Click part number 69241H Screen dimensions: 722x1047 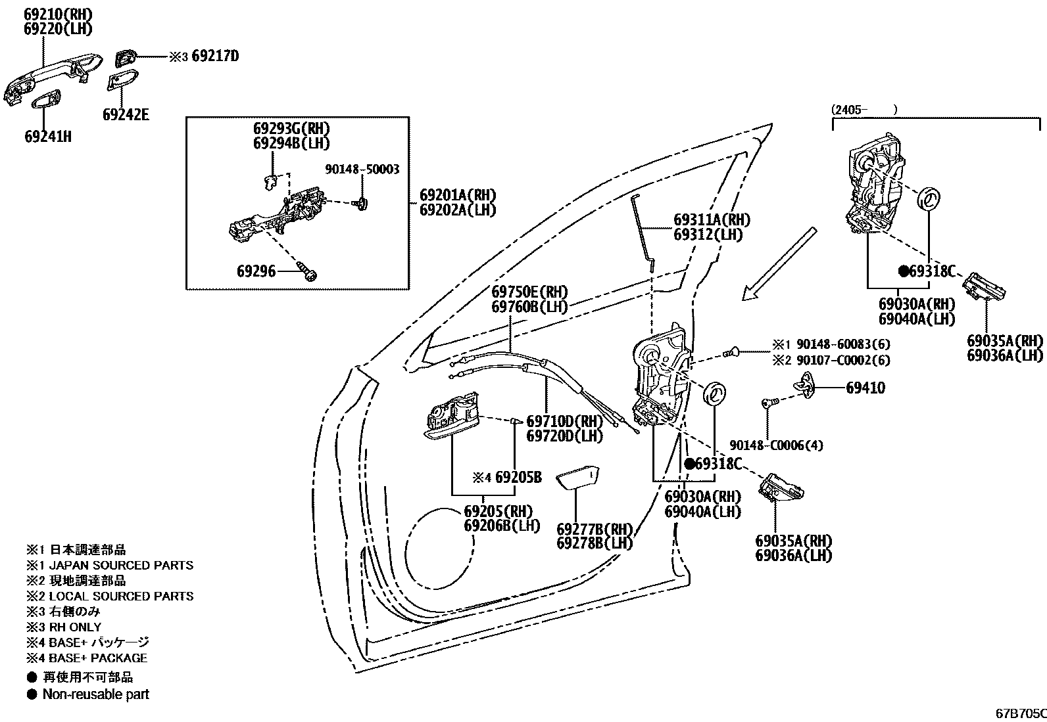click(x=48, y=137)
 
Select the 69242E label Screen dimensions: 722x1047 click(x=126, y=115)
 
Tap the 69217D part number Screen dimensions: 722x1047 click(x=215, y=56)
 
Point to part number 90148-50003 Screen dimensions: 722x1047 click(x=362, y=169)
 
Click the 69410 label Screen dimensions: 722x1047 click(x=865, y=388)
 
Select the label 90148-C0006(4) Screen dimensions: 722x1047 click(x=776, y=445)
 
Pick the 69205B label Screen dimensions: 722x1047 click(x=518, y=478)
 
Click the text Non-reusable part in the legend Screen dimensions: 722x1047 click(x=95, y=694)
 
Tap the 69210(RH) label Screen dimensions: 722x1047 click(x=58, y=14)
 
